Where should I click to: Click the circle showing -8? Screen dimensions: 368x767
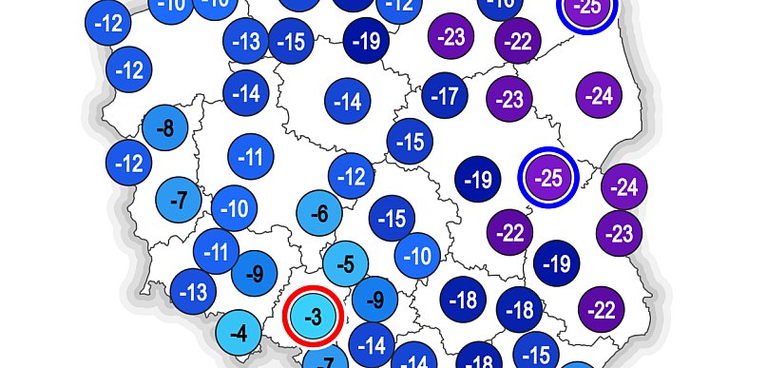(x=163, y=127)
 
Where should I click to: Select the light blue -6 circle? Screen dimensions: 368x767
(x=319, y=214)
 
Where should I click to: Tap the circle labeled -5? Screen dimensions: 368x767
(x=346, y=263)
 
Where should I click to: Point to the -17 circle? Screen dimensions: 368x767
(x=445, y=95)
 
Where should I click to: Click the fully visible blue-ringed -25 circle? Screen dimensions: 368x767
(x=547, y=176)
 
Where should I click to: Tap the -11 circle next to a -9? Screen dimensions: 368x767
(x=218, y=252)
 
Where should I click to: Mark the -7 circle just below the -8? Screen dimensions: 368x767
(x=177, y=201)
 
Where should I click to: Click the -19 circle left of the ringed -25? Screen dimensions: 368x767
(x=479, y=179)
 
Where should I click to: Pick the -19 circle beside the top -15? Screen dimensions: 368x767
(x=365, y=40)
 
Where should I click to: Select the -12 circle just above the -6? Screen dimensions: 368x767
(x=352, y=176)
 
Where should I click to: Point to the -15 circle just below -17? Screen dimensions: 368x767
(x=410, y=142)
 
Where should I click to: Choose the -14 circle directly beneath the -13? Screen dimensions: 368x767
(x=246, y=93)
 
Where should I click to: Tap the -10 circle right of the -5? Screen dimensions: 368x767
(x=418, y=255)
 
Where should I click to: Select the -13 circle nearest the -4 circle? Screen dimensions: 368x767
(x=193, y=290)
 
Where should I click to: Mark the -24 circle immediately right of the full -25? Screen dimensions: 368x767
(x=623, y=187)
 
